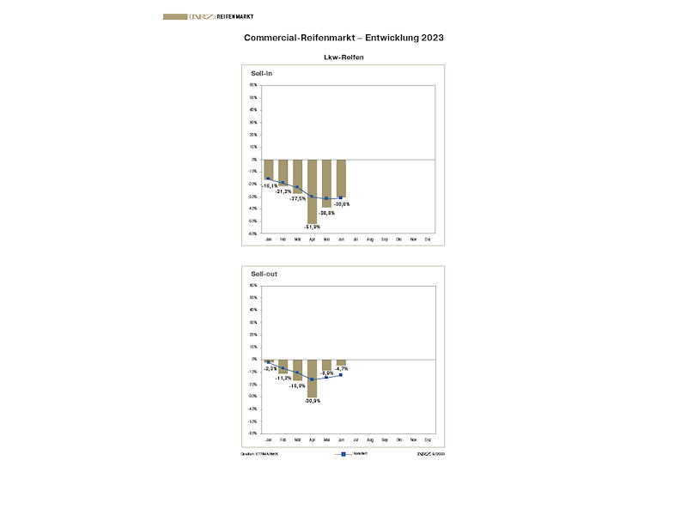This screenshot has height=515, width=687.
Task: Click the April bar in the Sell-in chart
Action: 312,191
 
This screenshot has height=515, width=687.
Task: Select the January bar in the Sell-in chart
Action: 268,169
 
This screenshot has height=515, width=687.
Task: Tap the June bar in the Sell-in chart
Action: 341,178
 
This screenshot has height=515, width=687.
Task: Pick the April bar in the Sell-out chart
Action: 312,378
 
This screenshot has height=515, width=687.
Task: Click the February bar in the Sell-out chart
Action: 283,366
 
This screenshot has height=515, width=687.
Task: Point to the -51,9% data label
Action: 312,227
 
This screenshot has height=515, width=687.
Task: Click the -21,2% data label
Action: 283,191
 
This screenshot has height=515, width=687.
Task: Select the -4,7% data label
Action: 341,369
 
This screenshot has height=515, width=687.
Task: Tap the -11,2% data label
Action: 283,378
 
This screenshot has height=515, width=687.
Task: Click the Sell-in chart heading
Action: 262,74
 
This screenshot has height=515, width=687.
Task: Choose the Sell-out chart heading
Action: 264,275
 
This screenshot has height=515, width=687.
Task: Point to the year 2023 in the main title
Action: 431,38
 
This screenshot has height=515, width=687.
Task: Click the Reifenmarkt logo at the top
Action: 209,16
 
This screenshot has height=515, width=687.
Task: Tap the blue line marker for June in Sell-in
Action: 341,198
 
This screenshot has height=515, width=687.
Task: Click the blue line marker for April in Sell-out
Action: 312,379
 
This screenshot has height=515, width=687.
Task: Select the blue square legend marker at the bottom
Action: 343,453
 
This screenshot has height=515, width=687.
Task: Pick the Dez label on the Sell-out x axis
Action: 428,439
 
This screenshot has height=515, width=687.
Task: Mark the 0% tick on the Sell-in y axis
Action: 253,160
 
